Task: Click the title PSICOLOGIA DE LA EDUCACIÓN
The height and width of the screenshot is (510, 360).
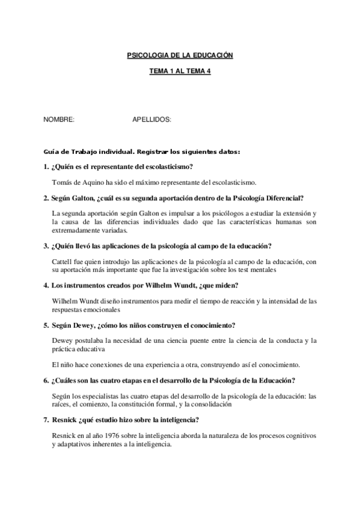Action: point(180,55)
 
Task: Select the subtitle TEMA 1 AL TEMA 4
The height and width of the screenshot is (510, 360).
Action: point(180,71)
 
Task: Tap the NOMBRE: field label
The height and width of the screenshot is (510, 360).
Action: point(59,120)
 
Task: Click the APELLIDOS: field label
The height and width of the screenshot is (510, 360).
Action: point(151,120)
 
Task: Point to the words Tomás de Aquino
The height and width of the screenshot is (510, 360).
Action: point(75,182)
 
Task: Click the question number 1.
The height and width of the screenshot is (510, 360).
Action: point(46,167)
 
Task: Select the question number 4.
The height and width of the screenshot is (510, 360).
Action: point(46,284)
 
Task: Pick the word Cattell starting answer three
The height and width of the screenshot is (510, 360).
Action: point(63,262)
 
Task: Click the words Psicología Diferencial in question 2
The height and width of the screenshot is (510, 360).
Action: point(269,198)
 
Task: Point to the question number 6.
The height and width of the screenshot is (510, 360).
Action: point(46,381)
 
